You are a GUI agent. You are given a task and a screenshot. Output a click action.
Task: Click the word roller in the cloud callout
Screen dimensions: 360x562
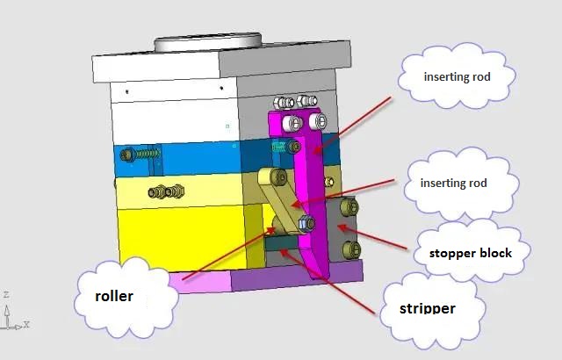pyautogui.click(x=114, y=296)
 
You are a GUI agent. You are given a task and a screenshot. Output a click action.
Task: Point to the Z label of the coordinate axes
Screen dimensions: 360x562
pyautogui.click(x=6, y=294)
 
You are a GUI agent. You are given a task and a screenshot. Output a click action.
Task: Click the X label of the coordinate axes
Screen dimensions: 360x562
pyautogui.click(x=26, y=324)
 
